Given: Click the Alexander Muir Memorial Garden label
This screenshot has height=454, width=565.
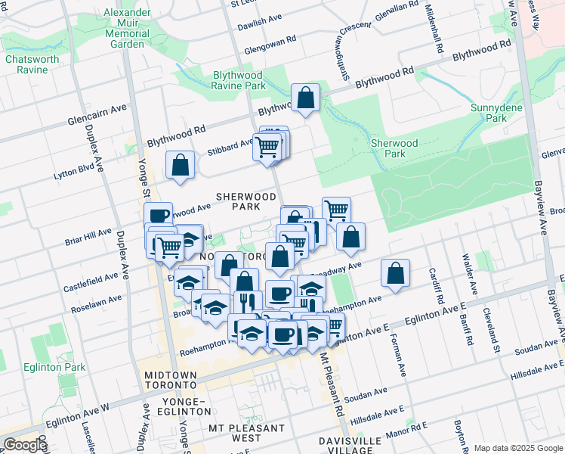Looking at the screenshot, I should pos(126,29).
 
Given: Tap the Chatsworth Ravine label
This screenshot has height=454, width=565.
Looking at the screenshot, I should pos(26,64).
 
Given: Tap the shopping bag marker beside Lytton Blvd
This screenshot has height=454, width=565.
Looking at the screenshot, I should pos(180,164).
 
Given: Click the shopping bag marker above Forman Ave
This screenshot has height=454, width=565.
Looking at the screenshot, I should pos(395,273).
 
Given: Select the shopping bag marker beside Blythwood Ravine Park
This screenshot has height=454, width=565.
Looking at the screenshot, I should pos(305,97).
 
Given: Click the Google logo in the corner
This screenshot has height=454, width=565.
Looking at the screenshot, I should pos(24,445).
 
